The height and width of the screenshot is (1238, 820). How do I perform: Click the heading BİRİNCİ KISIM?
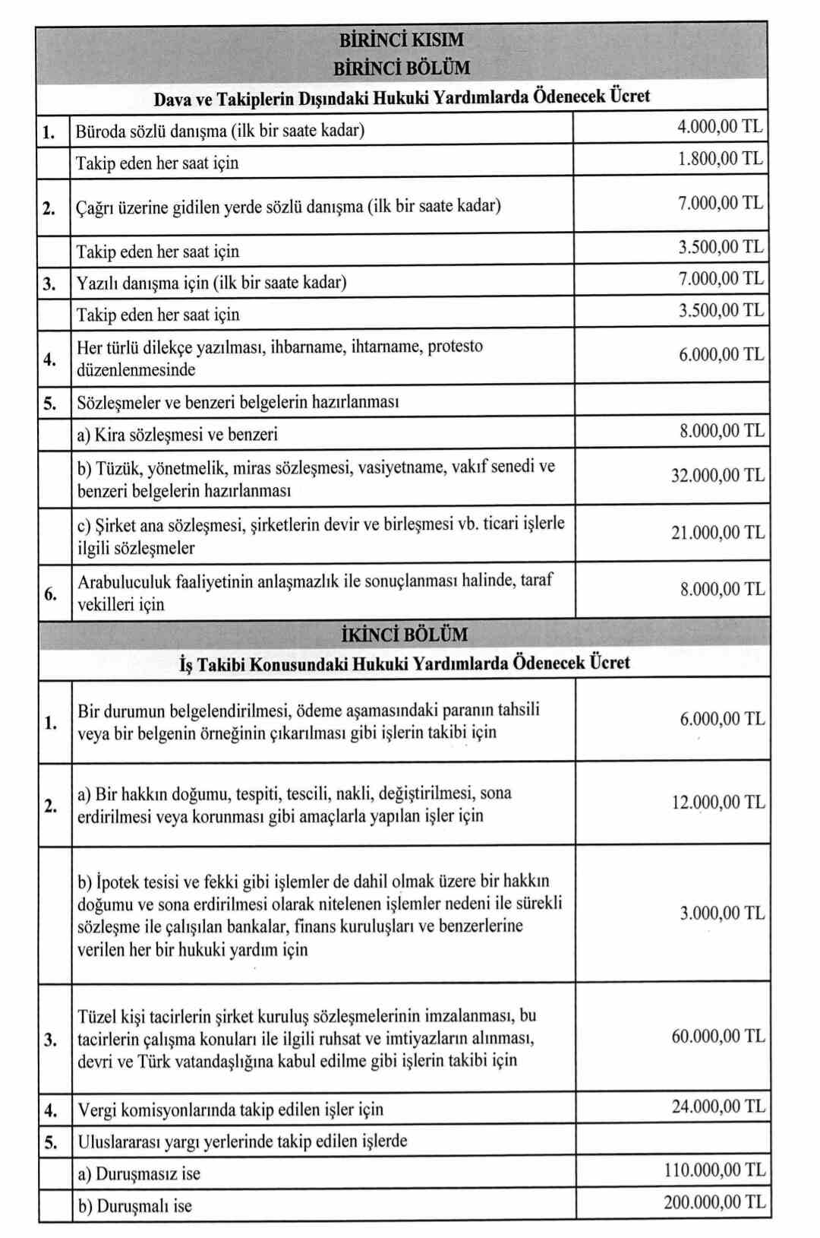401,40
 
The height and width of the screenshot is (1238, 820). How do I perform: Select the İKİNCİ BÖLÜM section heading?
404,634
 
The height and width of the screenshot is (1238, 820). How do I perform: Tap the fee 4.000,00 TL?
719,127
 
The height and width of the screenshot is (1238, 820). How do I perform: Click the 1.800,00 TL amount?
719,160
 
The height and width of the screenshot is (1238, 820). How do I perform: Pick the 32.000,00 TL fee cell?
717,476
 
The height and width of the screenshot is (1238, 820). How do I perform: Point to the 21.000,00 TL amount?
717,533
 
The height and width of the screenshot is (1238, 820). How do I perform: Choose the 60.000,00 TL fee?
717,1037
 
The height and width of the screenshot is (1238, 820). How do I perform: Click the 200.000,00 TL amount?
714,1202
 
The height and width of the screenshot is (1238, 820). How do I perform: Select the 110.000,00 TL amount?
714,1170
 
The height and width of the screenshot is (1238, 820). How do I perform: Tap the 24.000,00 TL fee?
717,1107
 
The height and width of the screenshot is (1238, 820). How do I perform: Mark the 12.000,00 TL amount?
717,803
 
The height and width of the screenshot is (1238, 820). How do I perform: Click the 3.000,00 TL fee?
721,913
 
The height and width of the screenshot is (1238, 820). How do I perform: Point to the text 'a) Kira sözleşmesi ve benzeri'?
177,435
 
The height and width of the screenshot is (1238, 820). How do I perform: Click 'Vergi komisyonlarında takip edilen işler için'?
230,1110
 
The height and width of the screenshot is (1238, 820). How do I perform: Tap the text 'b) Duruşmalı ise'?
134,1206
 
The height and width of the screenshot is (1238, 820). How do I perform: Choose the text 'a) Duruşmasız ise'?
139,1174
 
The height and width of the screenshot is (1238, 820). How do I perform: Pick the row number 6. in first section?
50,594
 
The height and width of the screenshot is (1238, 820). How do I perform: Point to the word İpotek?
116,882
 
